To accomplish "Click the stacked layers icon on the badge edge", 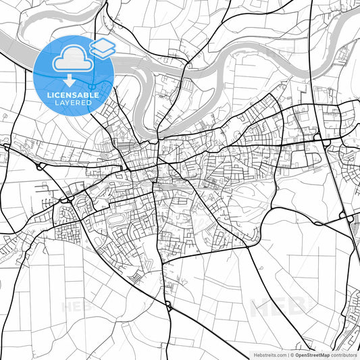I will point(102,47).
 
